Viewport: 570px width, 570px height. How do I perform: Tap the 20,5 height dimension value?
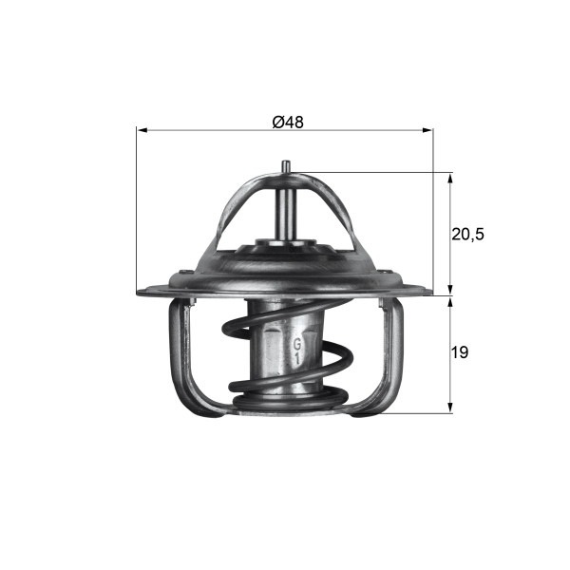click(467, 234)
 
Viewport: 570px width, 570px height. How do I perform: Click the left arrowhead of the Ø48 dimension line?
click(142, 130)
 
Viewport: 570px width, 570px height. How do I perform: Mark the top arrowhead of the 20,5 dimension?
click(449, 178)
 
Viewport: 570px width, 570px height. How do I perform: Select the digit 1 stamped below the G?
click(296, 360)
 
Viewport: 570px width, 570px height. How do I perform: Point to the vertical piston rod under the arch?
click(285, 209)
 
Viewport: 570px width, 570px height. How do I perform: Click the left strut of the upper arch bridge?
click(231, 214)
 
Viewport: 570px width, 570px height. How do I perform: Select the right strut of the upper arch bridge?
click(339, 214)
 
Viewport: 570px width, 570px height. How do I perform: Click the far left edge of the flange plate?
click(139, 291)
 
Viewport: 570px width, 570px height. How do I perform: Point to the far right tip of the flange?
click(431, 291)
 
